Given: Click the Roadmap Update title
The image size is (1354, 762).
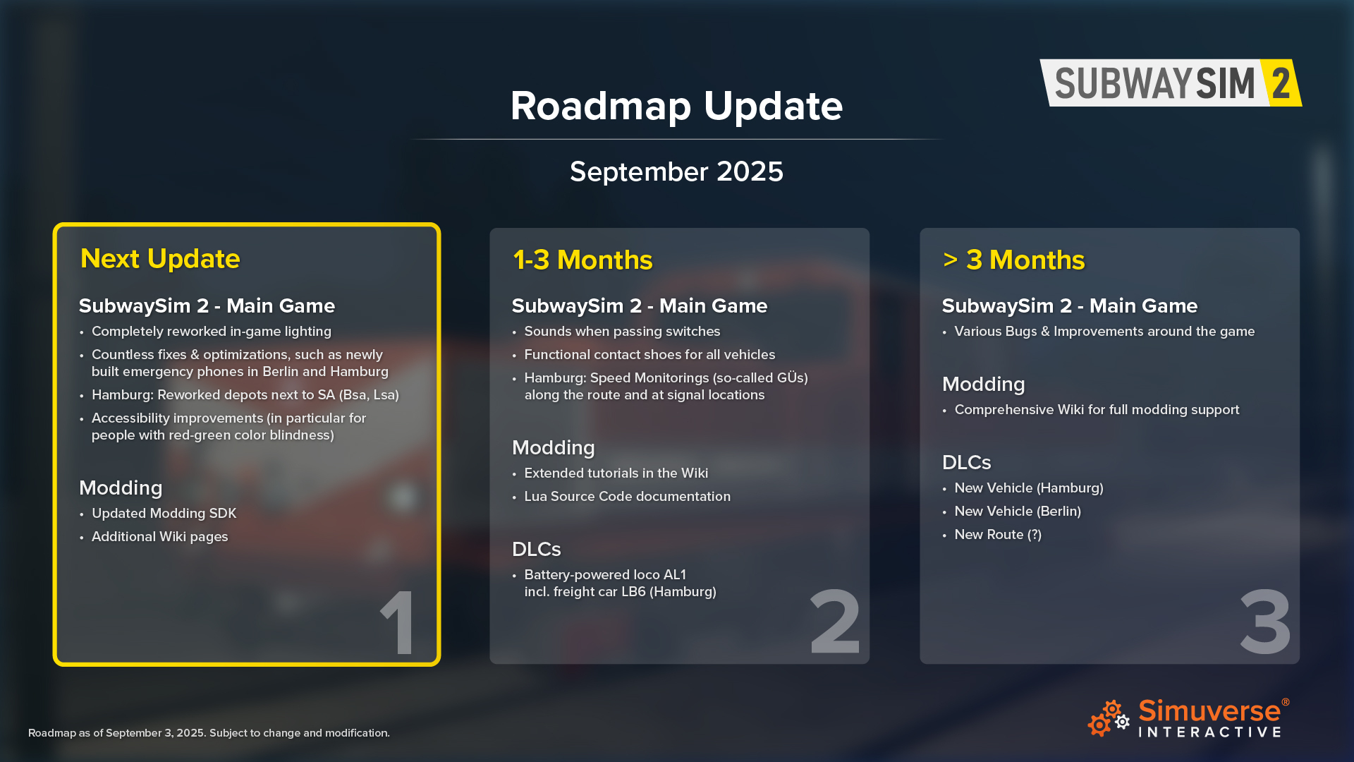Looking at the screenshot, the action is (676, 106).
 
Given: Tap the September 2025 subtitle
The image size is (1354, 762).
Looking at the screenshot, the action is (676, 171).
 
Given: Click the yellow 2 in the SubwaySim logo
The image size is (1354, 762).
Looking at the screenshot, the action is (1281, 83).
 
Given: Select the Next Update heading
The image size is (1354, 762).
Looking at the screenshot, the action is (160, 259).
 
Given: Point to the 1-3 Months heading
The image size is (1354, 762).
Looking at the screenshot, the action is (583, 260).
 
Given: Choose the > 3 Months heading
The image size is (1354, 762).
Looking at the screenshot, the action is (1013, 260).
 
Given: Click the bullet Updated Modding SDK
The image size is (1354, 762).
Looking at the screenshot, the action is (164, 514).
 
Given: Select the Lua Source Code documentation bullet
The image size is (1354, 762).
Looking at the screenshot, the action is (627, 497).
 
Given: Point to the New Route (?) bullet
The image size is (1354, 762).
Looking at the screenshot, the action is (998, 535).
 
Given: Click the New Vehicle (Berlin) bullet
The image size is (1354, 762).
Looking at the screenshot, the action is (1018, 512).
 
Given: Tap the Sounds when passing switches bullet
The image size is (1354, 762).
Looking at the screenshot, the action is (622, 332).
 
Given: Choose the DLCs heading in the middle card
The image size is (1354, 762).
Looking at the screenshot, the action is (537, 550).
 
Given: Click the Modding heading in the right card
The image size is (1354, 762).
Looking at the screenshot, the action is (984, 385).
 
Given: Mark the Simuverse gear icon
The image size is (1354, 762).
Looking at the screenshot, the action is (1109, 718).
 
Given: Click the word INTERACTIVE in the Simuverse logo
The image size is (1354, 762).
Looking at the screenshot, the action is (1209, 732).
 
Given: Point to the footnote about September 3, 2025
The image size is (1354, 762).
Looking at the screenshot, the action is (209, 733).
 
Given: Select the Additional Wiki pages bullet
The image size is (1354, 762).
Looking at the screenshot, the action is (159, 537).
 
